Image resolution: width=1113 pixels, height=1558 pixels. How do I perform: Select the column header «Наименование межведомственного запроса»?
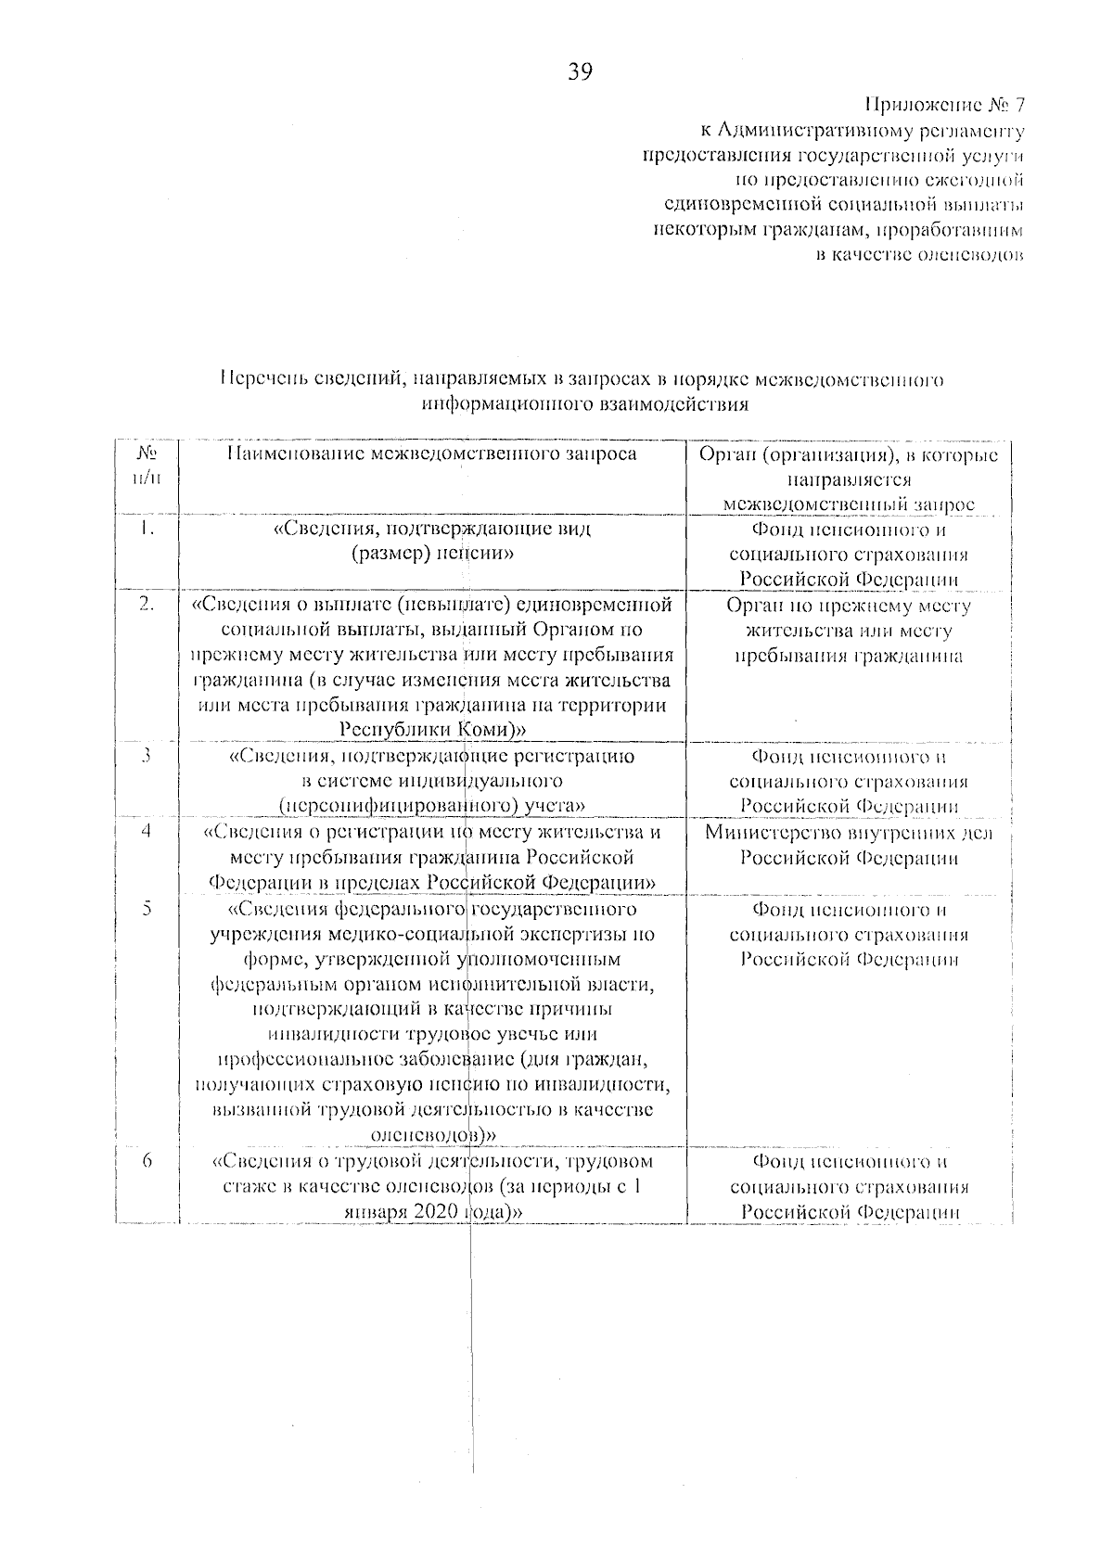point(432,454)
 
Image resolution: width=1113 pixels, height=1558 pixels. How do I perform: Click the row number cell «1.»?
point(146,530)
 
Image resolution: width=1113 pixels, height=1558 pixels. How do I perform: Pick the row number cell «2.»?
point(146,605)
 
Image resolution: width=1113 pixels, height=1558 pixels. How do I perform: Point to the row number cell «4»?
point(146,832)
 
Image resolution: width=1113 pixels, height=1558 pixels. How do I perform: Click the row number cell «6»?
point(146,1161)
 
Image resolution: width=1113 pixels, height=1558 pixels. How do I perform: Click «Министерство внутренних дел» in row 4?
point(848,833)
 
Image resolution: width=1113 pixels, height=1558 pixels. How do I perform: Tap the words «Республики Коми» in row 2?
point(432,730)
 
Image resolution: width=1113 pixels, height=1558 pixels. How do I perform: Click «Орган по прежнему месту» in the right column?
point(848,607)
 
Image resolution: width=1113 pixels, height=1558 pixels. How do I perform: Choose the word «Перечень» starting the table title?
point(260,379)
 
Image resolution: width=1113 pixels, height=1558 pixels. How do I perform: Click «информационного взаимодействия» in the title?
point(584,404)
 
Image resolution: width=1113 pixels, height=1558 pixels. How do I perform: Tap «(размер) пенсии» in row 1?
point(432,554)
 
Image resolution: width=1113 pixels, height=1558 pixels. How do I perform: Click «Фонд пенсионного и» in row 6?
point(848,1162)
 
